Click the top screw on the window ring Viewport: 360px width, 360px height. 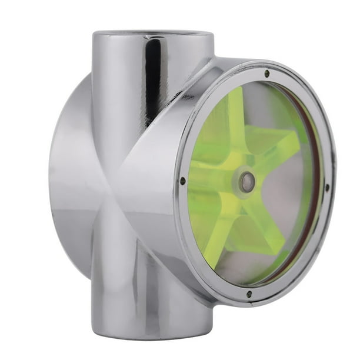[x=266, y=74]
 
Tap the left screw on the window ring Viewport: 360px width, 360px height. [x=182, y=181]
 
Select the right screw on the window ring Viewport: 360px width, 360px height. [x=327, y=188]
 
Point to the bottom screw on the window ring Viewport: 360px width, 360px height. [x=249, y=294]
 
